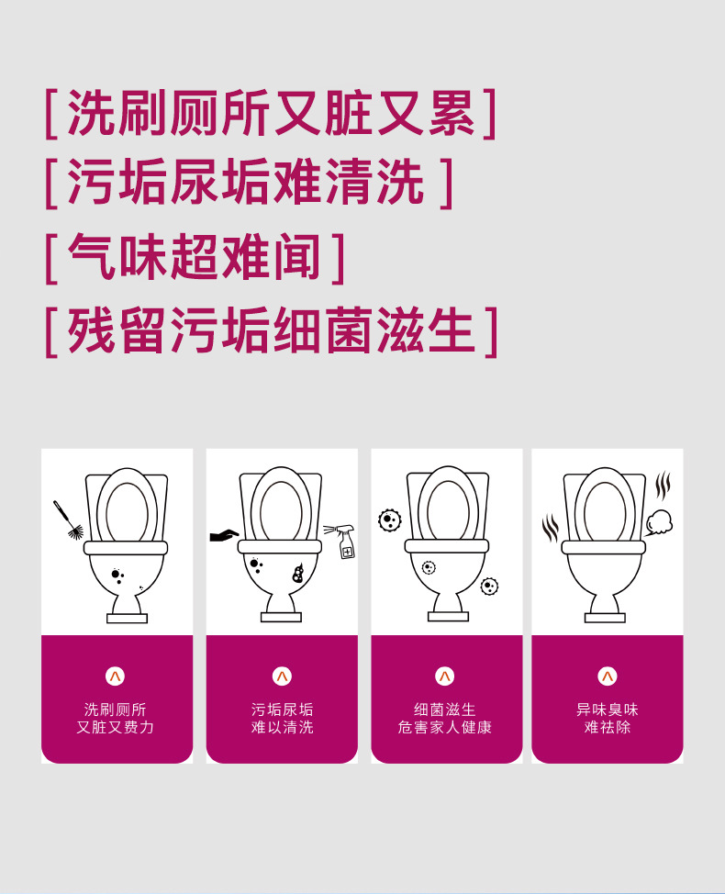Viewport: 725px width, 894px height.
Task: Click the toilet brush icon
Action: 68,520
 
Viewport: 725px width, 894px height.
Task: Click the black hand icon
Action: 224,535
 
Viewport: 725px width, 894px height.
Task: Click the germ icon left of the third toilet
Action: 390,520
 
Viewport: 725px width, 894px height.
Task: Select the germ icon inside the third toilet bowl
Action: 428,567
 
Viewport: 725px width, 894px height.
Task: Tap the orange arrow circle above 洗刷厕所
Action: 115,676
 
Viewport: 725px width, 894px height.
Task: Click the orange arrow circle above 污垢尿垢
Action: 282,676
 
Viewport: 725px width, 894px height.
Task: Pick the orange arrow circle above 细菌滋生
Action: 444,676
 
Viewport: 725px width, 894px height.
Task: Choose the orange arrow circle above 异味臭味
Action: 608,676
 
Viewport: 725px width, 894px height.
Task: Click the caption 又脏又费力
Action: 115,728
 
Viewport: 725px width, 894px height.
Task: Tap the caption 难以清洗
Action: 282,728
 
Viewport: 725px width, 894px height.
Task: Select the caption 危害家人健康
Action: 444,728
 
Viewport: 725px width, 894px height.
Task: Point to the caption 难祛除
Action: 608,728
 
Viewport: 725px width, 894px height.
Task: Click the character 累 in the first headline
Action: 451,113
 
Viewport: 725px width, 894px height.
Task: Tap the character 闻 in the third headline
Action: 297,257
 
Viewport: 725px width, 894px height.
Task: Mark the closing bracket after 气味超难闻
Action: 339,258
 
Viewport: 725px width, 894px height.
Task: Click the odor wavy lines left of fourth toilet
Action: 551,528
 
